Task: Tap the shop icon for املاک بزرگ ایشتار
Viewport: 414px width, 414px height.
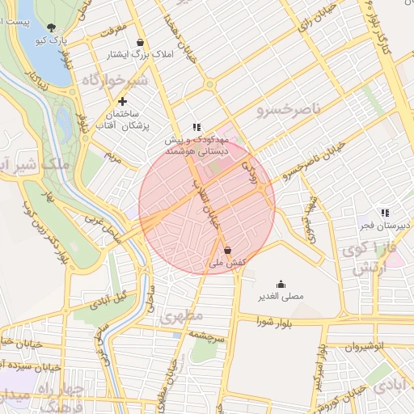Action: (x=142, y=43)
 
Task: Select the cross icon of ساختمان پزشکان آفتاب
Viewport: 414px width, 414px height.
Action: (x=122, y=102)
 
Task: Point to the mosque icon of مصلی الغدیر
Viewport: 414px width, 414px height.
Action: (x=281, y=284)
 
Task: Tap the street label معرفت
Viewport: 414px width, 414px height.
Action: (x=114, y=31)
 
